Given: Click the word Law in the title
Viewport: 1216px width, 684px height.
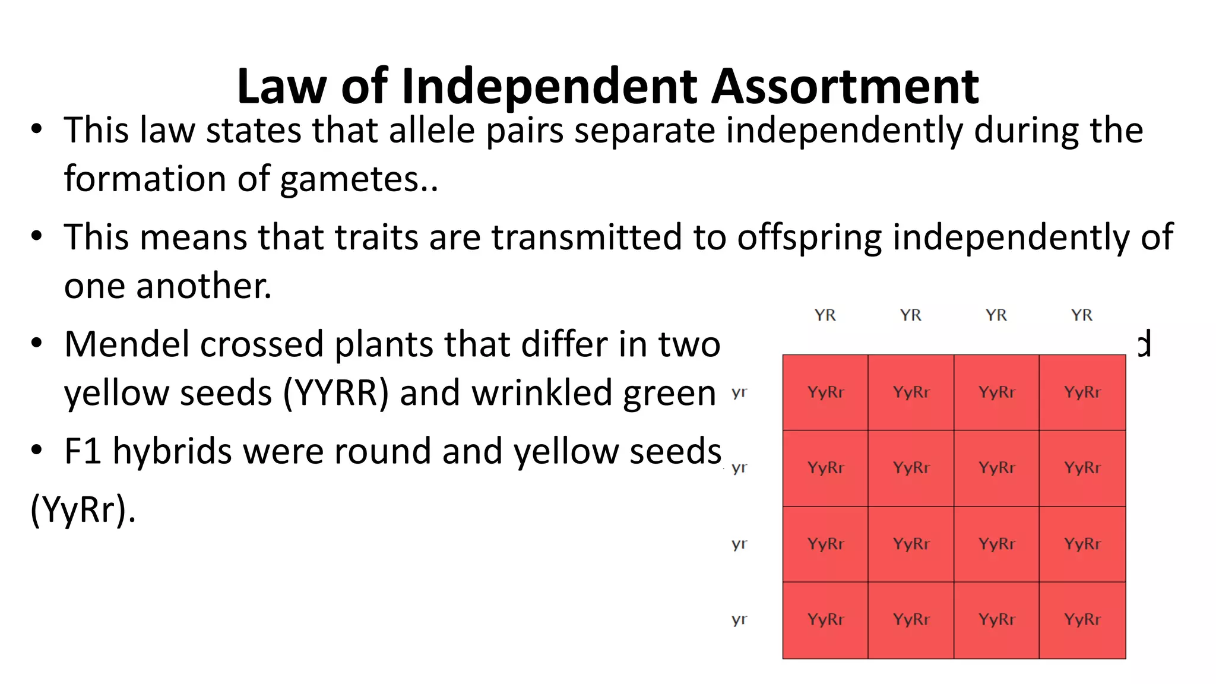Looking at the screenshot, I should click(x=281, y=87).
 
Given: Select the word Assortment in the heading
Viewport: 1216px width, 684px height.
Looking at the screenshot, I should click(x=845, y=87).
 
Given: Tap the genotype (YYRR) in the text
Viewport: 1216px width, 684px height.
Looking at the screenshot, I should click(x=335, y=393).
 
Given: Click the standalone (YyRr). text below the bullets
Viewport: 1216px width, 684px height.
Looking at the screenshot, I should click(x=83, y=510).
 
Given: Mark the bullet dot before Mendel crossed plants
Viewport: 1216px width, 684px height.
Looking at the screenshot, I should click(x=37, y=343).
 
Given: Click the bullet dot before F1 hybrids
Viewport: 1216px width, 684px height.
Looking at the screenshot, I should click(x=37, y=449).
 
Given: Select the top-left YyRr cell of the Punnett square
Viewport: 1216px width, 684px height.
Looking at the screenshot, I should click(x=825, y=392).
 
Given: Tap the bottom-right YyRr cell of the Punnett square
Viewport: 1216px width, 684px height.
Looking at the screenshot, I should click(x=1082, y=620).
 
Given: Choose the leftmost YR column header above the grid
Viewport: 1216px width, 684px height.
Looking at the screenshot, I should click(x=825, y=315).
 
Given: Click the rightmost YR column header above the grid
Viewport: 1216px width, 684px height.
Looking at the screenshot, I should click(x=1081, y=315).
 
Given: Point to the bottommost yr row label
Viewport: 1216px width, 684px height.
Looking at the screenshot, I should click(x=739, y=619).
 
